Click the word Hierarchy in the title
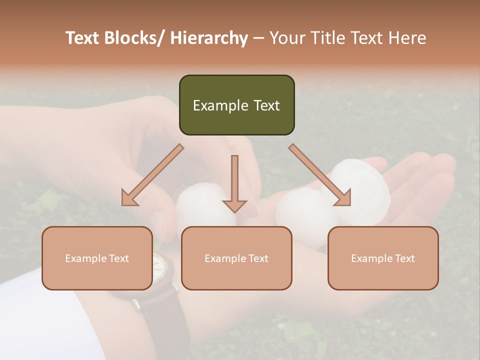pyautogui.click(x=209, y=38)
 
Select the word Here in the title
pyautogui.click(x=407, y=38)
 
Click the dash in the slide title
pyautogui.click(x=258, y=38)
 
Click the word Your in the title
pyautogui.click(x=287, y=38)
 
